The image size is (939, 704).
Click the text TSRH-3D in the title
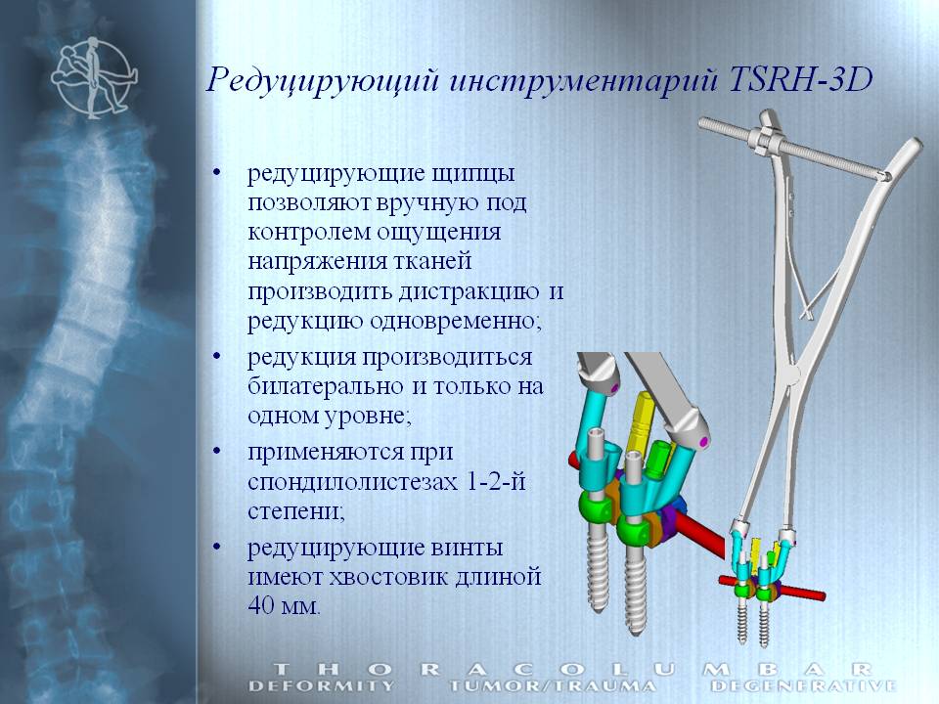799,79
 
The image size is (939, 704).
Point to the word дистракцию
469,292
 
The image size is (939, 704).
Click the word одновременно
455,321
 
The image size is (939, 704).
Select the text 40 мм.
284,605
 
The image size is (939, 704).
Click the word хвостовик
387,577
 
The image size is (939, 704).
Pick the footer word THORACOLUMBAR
572,669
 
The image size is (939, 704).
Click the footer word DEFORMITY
322,685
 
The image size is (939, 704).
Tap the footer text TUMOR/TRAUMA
552,685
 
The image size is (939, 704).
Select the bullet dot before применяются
217,450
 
